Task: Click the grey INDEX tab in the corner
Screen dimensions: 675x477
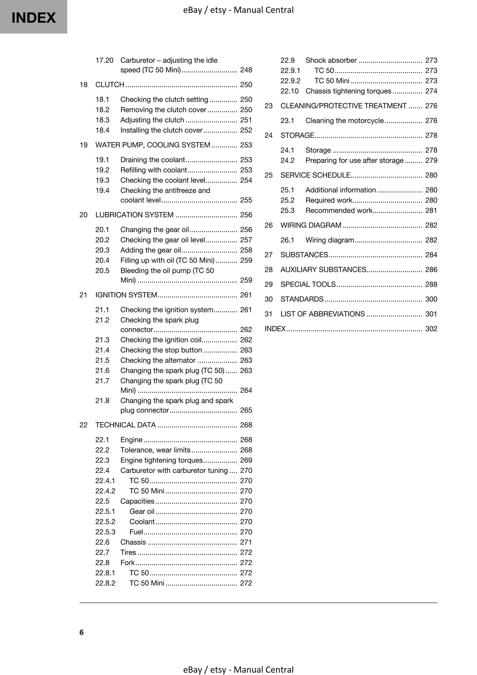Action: pyautogui.click(x=33, y=17)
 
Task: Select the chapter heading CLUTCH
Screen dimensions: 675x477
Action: pyautogui.click(x=110, y=84)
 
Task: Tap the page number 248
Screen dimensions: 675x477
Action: pyautogui.click(x=246, y=70)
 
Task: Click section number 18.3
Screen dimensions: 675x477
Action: pyautogui.click(x=102, y=120)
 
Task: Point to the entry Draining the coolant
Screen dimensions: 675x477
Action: pyautogui.click(x=152, y=160)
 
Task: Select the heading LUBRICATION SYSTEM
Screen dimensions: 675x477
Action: pyautogui.click(x=134, y=215)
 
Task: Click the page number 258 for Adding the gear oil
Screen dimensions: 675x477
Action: pyautogui.click(x=246, y=250)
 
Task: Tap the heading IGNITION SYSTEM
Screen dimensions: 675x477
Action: pyautogui.click(x=126, y=295)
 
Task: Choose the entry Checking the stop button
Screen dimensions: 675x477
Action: pyautogui.click(x=161, y=350)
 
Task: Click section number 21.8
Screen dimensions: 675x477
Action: pyautogui.click(x=102, y=401)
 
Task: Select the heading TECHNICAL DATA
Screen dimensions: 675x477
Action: pyautogui.click(x=125, y=425)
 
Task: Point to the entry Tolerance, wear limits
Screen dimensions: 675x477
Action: pyautogui.click(x=155, y=450)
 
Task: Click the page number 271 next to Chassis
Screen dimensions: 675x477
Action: pyautogui.click(x=246, y=542)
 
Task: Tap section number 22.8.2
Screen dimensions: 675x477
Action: pyautogui.click(x=105, y=583)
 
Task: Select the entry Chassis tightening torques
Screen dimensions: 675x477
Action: pyautogui.click(x=348, y=91)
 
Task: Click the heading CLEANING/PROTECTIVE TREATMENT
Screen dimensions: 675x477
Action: pyautogui.click(x=343, y=106)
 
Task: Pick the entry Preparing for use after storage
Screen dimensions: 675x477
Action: pyautogui.click(x=354, y=161)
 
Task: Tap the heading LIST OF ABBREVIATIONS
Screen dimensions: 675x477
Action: pyautogui.click(x=323, y=314)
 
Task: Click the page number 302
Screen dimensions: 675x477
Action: pyautogui.click(x=431, y=329)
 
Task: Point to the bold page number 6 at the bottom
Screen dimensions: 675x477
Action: pyautogui.click(x=82, y=632)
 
